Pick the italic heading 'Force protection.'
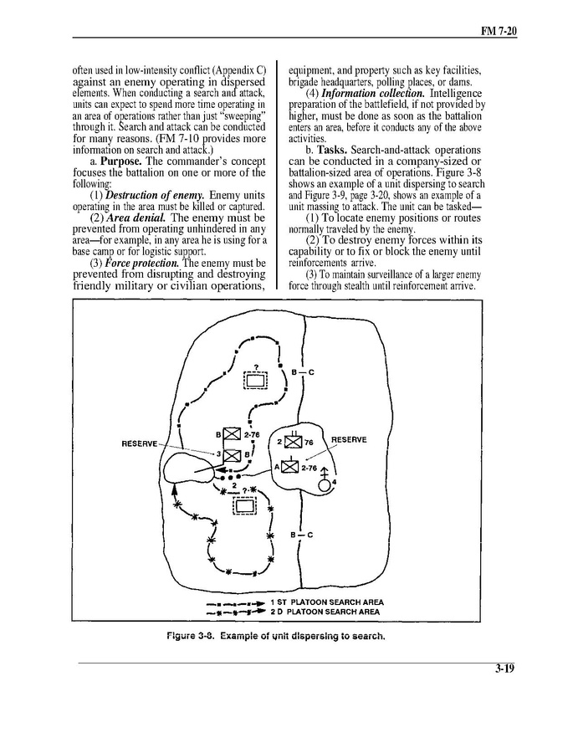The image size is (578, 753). (x=141, y=263)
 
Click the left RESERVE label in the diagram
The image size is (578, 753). (x=140, y=443)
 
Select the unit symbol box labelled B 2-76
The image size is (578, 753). (x=233, y=435)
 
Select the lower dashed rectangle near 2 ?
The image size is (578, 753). (x=246, y=505)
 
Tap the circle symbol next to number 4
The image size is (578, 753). (x=325, y=489)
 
